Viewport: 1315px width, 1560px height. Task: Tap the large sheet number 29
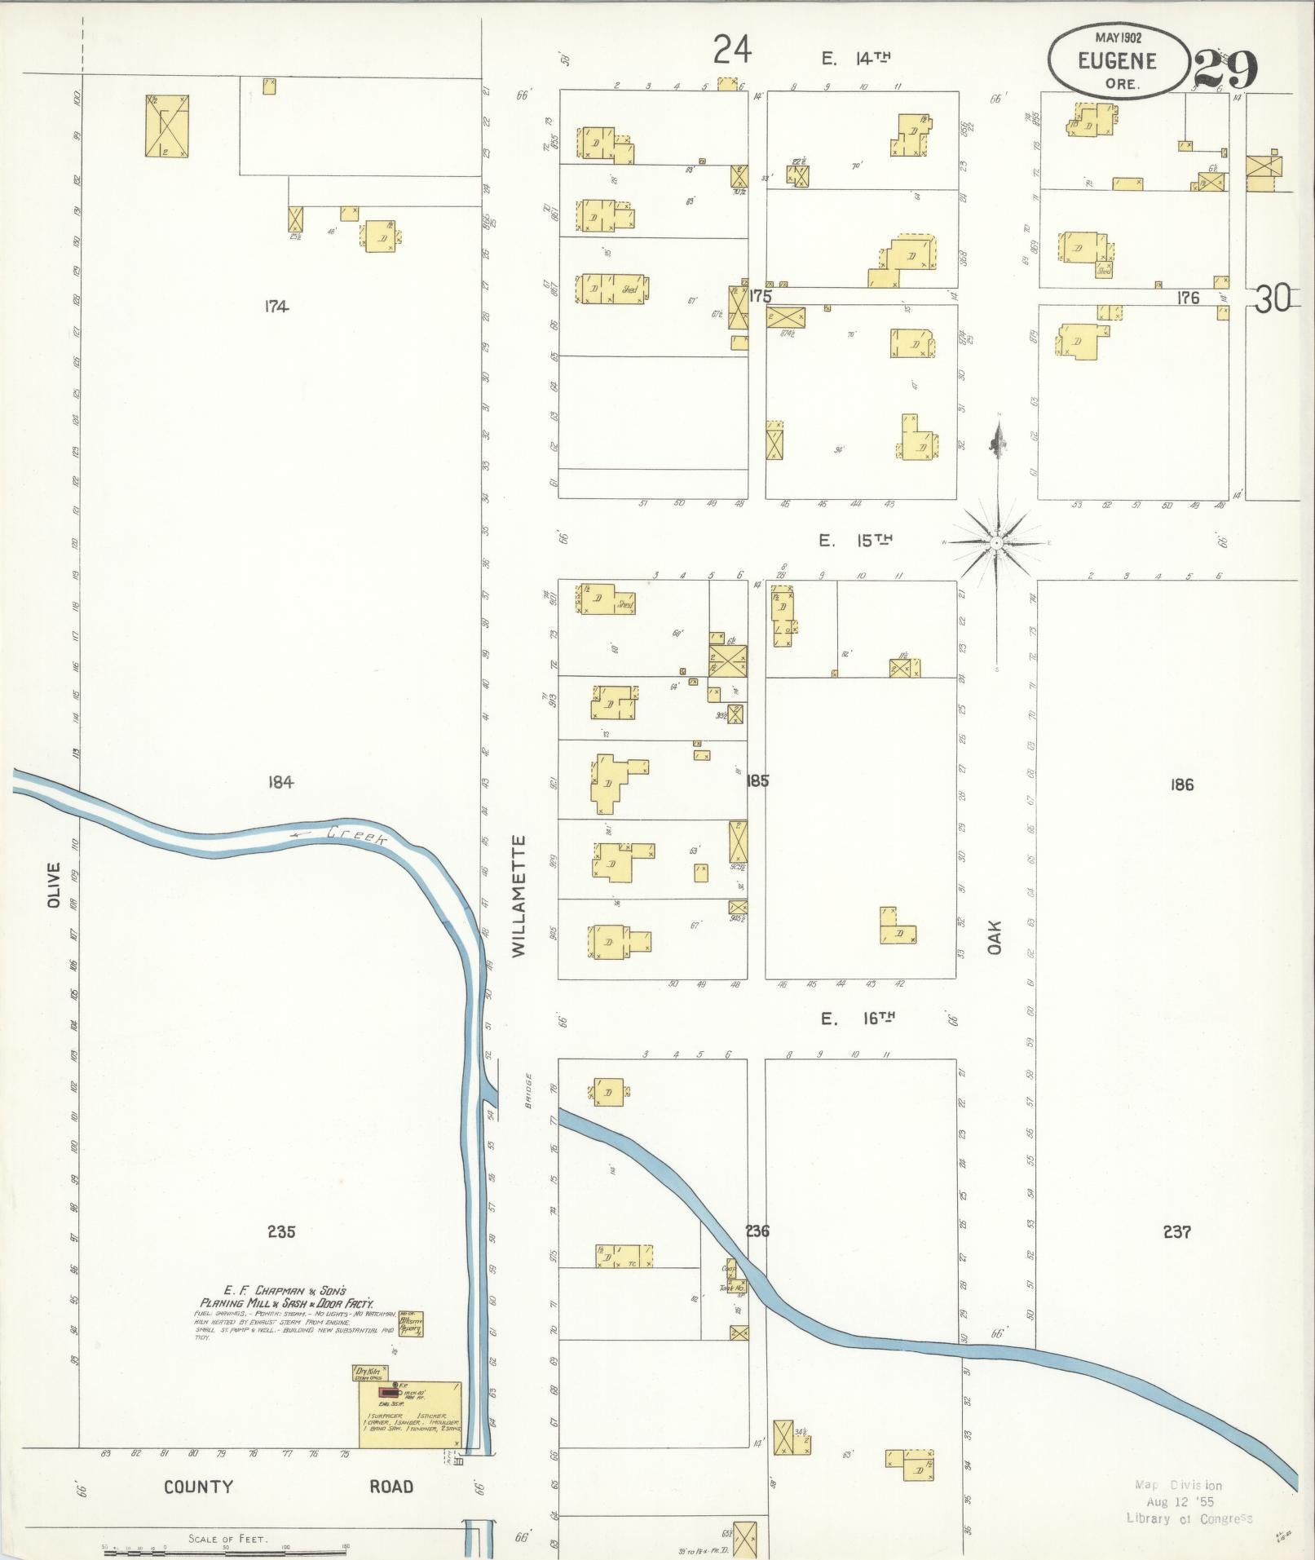(x=1226, y=71)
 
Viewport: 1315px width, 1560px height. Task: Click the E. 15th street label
(x=855, y=540)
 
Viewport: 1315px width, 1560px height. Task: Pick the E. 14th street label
(x=855, y=57)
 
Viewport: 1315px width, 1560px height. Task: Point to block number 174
(x=277, y=307)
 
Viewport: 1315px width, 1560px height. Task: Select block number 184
(x=280, y=782)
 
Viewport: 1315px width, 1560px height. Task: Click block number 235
(x=280, y=1231)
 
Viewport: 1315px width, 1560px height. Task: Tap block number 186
(x=1181, y=784)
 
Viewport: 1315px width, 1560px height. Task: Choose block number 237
(x=1177, y=1231)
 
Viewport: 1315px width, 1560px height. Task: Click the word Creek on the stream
(x=355, y=838)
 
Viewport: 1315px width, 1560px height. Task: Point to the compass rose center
(x=997, y=542)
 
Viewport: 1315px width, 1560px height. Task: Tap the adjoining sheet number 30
(x=1273, y=300)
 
